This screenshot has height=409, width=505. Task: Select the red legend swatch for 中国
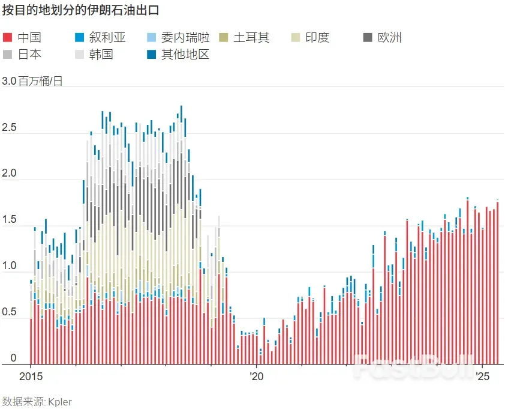[7, 38]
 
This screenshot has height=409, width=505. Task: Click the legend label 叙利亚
[107, 38]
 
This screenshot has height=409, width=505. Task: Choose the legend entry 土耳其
[251, 38]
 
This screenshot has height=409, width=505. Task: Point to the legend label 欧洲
[389, 38]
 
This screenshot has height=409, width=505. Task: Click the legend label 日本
[29, 55]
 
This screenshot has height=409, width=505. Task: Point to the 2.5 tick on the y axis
[10, 129]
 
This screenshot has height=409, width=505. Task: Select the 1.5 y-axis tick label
[10, 221]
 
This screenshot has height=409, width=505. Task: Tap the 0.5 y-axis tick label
[10, 313]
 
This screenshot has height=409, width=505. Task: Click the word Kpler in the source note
[59, 401]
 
